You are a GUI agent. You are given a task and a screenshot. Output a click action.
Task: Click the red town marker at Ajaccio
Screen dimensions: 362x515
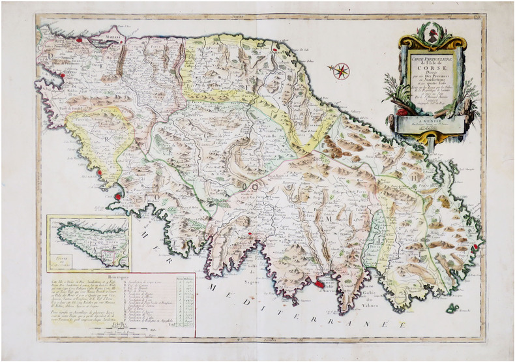coord(319,282)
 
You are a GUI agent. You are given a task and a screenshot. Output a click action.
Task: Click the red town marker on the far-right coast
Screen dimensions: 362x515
coord(477,246)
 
